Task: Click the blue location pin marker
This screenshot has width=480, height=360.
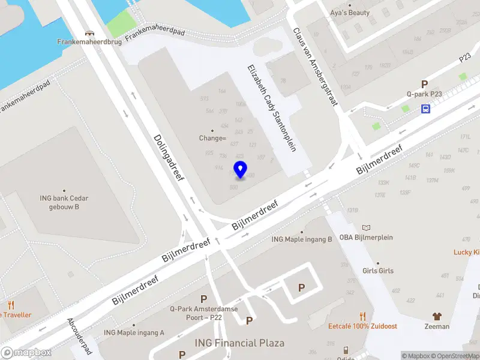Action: [x=241, y=169]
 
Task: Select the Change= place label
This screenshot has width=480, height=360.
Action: [x=212, y=138]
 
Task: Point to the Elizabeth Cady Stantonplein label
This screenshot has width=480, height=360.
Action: [x=271, y=107]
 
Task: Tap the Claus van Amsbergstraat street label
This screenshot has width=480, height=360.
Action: [x=316, y=67]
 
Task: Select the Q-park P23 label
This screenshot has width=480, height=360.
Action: [x=424, y=94]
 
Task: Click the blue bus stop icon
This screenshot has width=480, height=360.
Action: [x=425, y=109]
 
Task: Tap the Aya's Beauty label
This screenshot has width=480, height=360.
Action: [x=350, y=12]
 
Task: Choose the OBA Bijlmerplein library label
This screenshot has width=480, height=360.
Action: [x=366, y=237]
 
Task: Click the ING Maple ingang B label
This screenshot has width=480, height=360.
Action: [x=302, y=239]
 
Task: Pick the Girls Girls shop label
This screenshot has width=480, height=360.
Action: [x=378, y=271]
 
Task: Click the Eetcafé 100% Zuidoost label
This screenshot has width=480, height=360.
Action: [x=362, y=326]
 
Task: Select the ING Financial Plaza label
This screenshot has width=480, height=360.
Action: [x=239, y=343]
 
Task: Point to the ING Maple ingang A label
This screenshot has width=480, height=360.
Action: [x=134, y=332]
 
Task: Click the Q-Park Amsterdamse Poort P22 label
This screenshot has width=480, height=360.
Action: [x=204, y=312]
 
